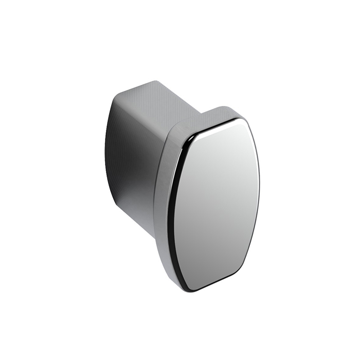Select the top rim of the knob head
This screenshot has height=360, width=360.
(206, 116)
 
